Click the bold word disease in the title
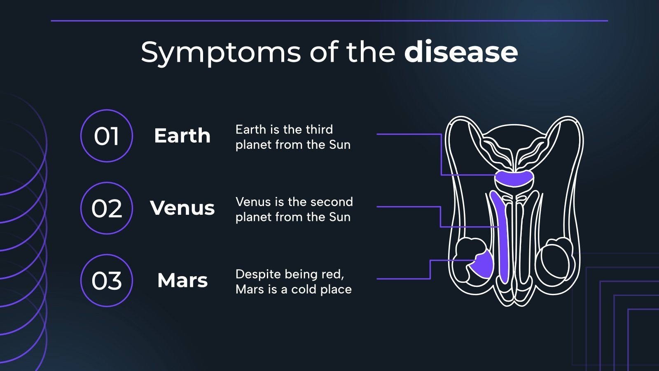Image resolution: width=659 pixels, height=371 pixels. (460, 52)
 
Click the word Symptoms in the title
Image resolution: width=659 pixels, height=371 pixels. (221, 53)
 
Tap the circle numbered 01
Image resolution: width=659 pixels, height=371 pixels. (107, 136)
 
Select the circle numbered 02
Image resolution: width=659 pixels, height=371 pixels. (107, 208)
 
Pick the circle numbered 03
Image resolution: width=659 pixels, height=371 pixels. (107, 280)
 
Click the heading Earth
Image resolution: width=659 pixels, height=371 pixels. (182, 136)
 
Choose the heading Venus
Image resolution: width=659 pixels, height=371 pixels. (182, 208)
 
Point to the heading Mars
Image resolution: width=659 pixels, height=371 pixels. (182, 280)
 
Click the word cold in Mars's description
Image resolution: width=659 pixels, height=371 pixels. (304, 289)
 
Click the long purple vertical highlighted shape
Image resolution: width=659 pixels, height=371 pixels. (502, 239)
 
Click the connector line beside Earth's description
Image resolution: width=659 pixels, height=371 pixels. (408, 134)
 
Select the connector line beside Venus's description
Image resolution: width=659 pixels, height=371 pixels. (408, 207)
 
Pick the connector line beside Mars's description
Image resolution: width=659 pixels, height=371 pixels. (404, 279)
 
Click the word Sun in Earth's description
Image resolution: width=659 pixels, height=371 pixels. (340, 145)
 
